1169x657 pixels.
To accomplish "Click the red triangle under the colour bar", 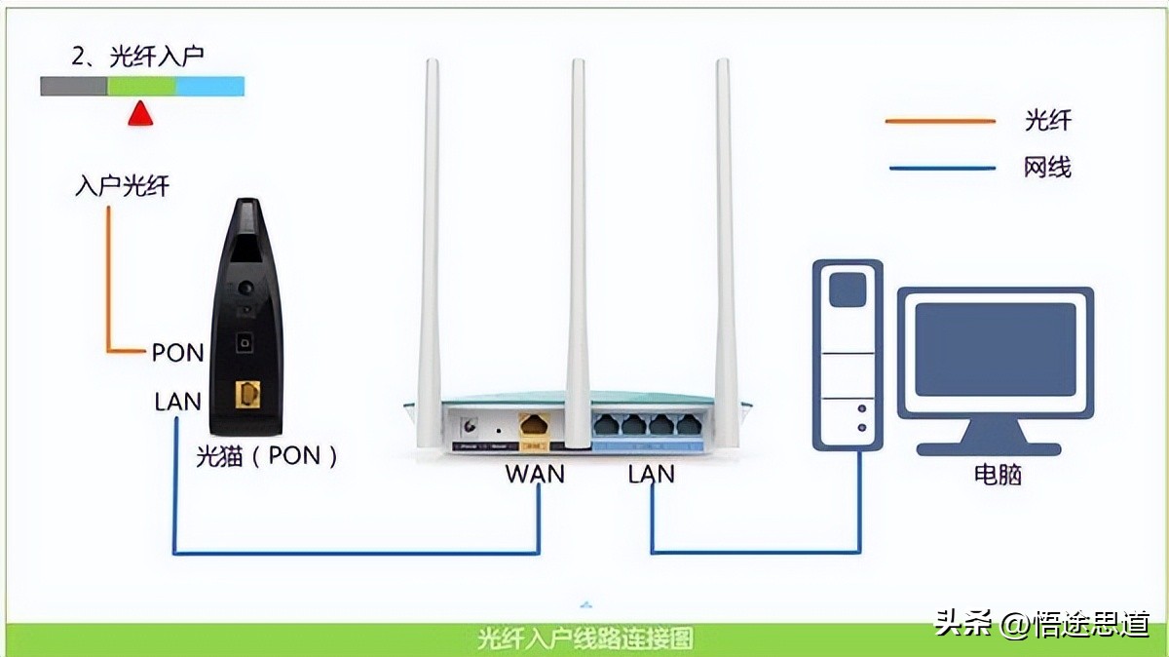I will coord(141,114).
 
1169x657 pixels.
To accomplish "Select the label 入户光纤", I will coord(122,185).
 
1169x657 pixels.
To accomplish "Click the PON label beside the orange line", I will coord(177,353).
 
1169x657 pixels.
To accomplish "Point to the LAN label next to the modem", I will coord(177,402).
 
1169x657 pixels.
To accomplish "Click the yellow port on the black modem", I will coord(248,394).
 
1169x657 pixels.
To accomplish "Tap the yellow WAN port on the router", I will coord(534,425).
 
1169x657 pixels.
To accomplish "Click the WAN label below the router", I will coord(534,475).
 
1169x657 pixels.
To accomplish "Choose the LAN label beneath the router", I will coord(651,475).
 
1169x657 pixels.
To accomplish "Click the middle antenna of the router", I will coord(578,244).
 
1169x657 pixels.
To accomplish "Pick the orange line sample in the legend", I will coord(940,121).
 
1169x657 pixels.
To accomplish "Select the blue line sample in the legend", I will coord(940,169).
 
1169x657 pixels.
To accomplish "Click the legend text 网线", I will coord(1047,168).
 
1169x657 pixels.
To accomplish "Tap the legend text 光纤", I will coord(1047,121).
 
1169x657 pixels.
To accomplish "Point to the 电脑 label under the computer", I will coord(998,475).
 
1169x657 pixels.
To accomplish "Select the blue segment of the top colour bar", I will coord(209,87).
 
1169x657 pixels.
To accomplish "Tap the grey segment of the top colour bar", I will coord(73,87).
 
